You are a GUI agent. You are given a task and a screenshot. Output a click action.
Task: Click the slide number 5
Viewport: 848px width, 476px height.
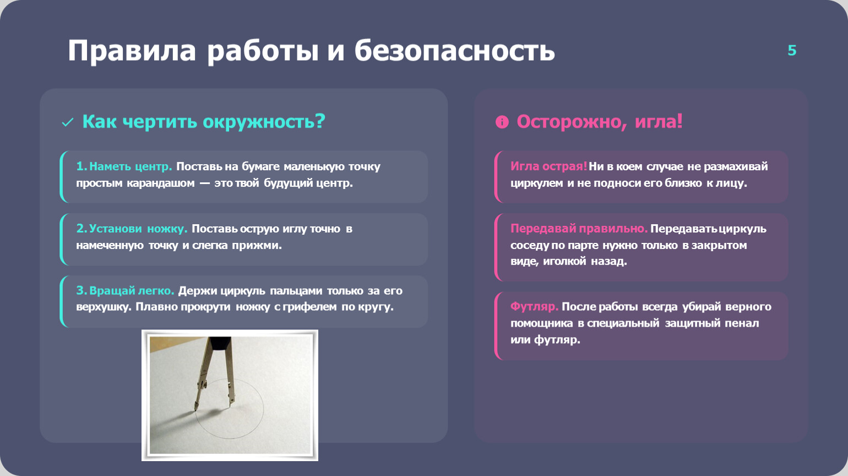tap(792, 50)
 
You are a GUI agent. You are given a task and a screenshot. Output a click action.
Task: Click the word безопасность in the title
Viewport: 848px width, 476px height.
tap(455, 50)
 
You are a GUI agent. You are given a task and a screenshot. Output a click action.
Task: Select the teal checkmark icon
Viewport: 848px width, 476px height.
tap(67, 122)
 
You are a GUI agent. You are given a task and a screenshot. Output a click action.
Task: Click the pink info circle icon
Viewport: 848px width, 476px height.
tap(502, 122)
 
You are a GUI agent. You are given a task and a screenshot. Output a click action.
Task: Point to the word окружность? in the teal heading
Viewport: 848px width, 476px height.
tap(264, 122)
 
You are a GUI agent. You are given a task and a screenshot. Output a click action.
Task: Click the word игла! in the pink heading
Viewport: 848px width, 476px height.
tap(659, 121)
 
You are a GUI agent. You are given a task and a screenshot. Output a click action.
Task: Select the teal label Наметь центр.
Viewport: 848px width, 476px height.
tap(131, 166)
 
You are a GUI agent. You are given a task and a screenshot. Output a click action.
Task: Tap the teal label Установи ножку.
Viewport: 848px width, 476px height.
tap(138, 228)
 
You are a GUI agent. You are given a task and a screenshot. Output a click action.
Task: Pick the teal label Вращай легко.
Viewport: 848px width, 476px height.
tap(132, 290)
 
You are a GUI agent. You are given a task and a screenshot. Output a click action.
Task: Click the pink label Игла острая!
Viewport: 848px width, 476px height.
tap(548, 166)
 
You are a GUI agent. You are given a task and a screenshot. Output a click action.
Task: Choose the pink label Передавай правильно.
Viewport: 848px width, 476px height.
tap(579, 228)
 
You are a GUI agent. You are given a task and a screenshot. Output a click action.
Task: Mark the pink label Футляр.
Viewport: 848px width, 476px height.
tap(534, 307)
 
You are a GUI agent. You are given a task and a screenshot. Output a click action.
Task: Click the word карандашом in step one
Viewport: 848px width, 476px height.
tap(161, 183)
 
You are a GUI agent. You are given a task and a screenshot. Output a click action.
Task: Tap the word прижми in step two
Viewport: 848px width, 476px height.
tap(256, 245)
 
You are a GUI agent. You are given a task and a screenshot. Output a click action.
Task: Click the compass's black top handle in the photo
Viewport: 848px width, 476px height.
tap(220, 343)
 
